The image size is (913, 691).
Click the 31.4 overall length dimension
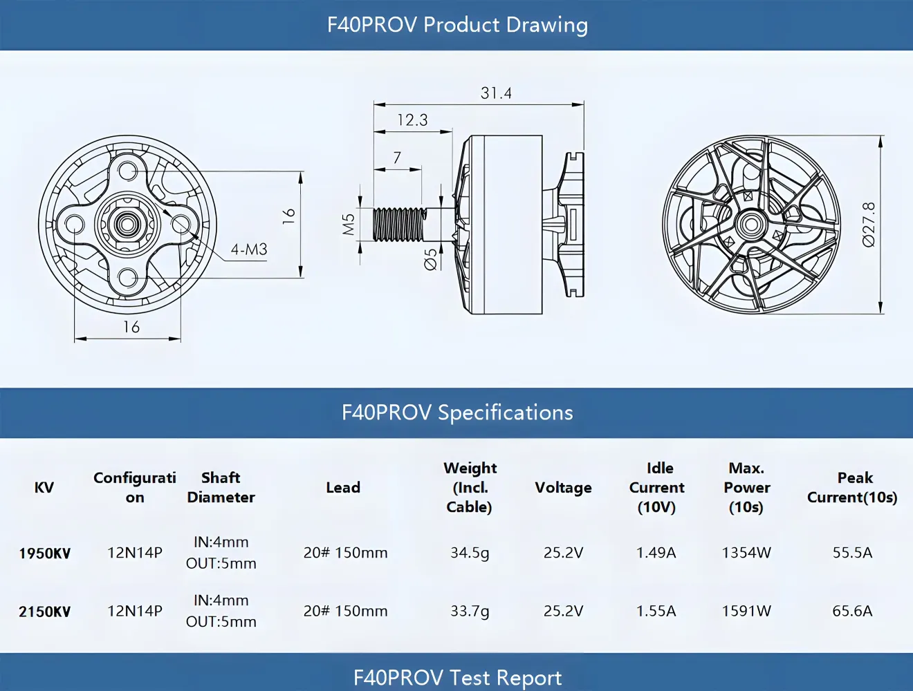click(x=496, y=93)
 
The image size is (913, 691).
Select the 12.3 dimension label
click(x=412, y=120)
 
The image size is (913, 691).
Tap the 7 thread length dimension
click(x=397, y=158)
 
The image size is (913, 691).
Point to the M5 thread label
click(x=349, y=224)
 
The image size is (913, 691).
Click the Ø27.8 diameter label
click(x=869, y=224)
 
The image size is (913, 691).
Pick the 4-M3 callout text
click(x=249, y=249)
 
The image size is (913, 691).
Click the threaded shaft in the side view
click(x=399, y=225)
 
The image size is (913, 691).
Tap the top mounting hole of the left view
click(x=127, y=170)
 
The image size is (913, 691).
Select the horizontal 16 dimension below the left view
click(x=131, y=327)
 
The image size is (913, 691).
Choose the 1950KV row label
click(x=44, y=553)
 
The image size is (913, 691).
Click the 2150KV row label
click(x=44, y=612)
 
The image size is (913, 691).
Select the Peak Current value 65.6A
click(x=852, y=611)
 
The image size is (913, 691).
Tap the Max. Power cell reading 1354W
click(x=746, y=553)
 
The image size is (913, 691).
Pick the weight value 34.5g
click(x=470, y=553)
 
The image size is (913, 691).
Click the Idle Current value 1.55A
click(x=656, y=611)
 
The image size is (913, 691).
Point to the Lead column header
click(x=343, y=487)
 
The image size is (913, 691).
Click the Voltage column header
click(x=563, y=487)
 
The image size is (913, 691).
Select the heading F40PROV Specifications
click(x=457, y=413)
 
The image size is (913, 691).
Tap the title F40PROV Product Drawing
click(x=457, y=25)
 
